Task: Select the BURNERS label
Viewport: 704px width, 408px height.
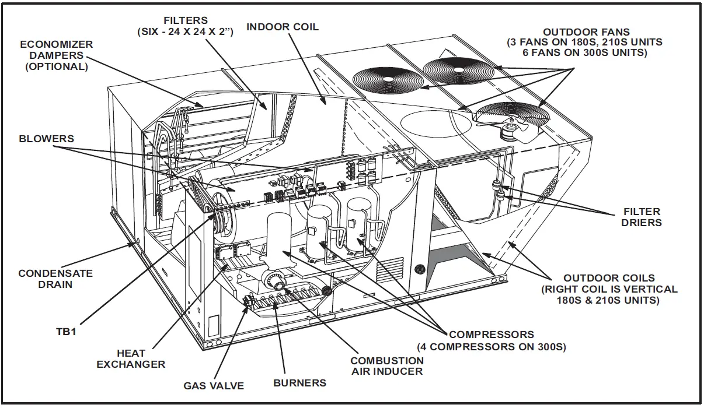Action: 299,383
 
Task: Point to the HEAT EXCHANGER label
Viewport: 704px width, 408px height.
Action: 131,358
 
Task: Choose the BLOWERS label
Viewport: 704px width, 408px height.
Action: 47,139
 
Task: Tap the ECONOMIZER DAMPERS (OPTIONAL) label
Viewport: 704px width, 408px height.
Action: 57,55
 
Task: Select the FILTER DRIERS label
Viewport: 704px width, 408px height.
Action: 641,217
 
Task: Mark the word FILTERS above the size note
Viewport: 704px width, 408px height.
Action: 186,20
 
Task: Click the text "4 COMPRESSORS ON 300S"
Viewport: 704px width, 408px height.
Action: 492,347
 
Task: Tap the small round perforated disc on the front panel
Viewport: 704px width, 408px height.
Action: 419,270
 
